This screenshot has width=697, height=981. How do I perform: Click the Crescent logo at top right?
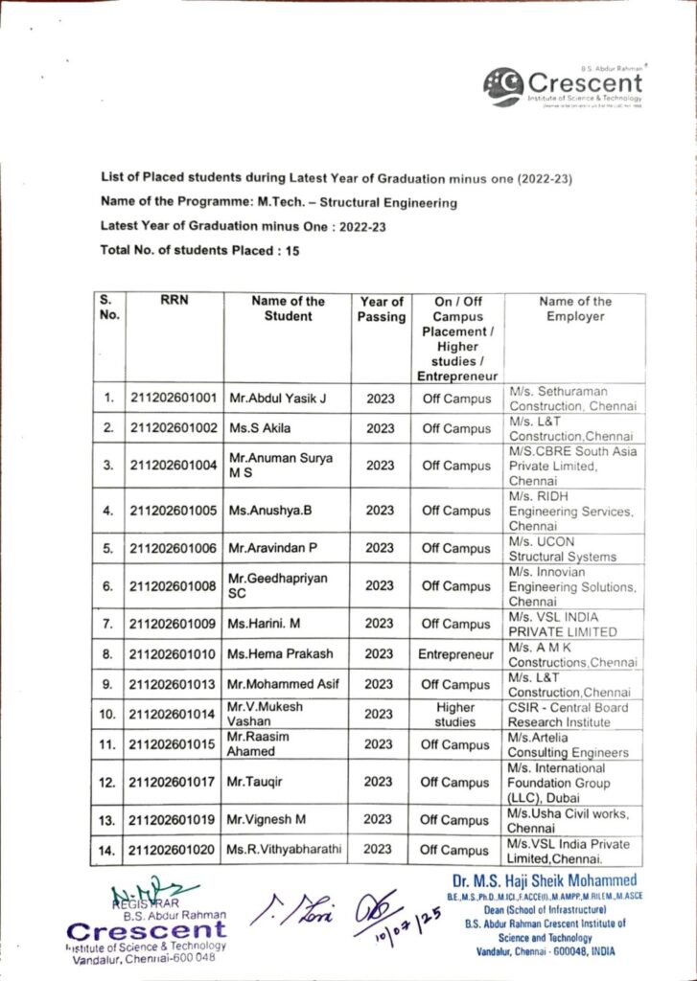pyautogui.click(x=563, y=85)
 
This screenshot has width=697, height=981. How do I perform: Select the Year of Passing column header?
pyautogui.click(x=381, y=308)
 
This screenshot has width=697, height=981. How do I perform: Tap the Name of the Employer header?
pyautogui.click(x=574, y=308)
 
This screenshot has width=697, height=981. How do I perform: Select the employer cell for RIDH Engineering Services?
pyautogui.click(x=574, y=512)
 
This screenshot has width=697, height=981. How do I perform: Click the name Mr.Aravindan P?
pyautogui.click(x=272, y=548)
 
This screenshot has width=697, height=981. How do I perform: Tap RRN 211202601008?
pyautogui.click(x=173, y=586)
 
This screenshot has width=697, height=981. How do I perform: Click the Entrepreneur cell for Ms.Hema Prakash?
pyautogui.click(x=455, y=654)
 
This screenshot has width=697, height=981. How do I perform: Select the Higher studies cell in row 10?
pyautogui.click(x=455, y=714)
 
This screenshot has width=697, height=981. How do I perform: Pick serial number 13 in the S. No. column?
pyautogui.click(x=108, y=820)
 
